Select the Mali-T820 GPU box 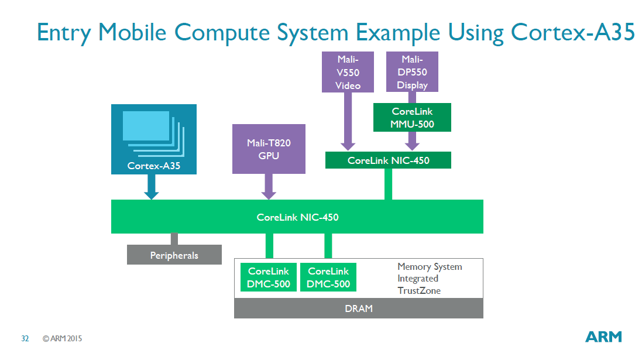coord(269,149)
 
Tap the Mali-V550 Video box coord(348,72)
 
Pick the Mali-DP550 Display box coord(412,72)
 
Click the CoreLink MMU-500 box coord(412,118)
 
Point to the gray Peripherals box coord(174,255)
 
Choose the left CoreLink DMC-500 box coord(269,277)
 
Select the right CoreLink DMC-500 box coord(328,277)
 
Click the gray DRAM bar coord(358,308)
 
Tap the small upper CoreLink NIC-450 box coord(388,160)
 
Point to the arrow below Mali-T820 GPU coord(269,187)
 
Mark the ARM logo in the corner coord(603,337)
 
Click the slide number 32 coord(25,338)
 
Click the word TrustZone coord(419,290)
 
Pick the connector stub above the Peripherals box coord(174,239)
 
